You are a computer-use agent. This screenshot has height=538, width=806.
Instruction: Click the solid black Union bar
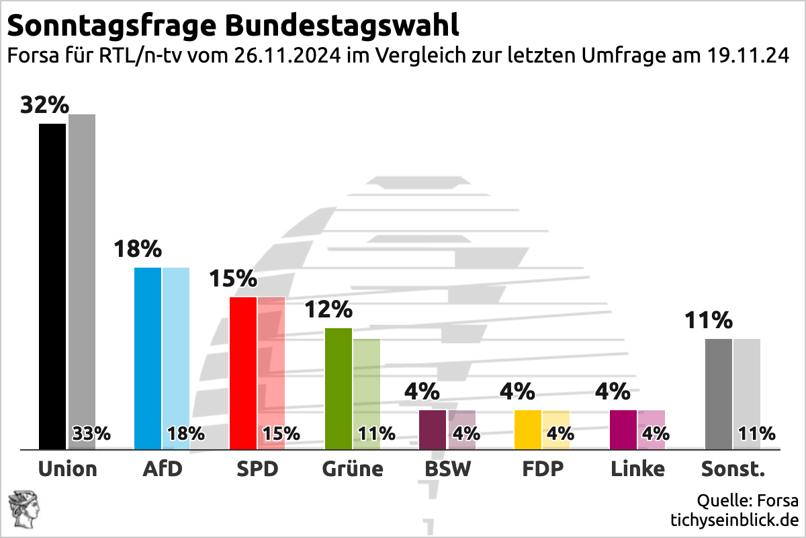pyautogui.click(x=52, y=286)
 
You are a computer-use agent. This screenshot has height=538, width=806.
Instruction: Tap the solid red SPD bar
pyautogui.click(x=243, y=373)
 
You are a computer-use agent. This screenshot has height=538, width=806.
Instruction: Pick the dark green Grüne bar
pyautogui.click(x=339, y=388)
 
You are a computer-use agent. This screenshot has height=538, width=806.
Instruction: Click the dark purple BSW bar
pyautogui.click(x=433, y=429)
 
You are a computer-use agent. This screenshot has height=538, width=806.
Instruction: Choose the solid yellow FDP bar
pyautogui.click(x=528, y=429)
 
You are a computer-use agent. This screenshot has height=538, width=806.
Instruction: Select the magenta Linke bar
pyautogui.click(x=623, y=429)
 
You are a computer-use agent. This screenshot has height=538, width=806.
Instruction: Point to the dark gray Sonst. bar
pyautogui.click(x=719, y=393)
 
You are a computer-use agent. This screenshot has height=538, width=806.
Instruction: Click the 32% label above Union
pyautogui.click(x=44, y=106)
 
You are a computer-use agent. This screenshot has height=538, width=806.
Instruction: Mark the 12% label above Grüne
pyautogui.click(x=328, y=309)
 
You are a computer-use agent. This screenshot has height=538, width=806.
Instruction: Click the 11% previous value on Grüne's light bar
pyautogui.click(x=377, y=434)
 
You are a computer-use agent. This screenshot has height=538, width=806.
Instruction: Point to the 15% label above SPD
pyautogui.click(x=233, y=278)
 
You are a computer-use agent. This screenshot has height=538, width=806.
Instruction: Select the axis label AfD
pyautogui.click(x=163, y=469)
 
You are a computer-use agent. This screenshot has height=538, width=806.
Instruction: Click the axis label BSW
pyautogui.click(x=448, y=469)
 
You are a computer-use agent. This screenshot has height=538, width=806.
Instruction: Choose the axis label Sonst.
pyautogui.click(x=733, y=469)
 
